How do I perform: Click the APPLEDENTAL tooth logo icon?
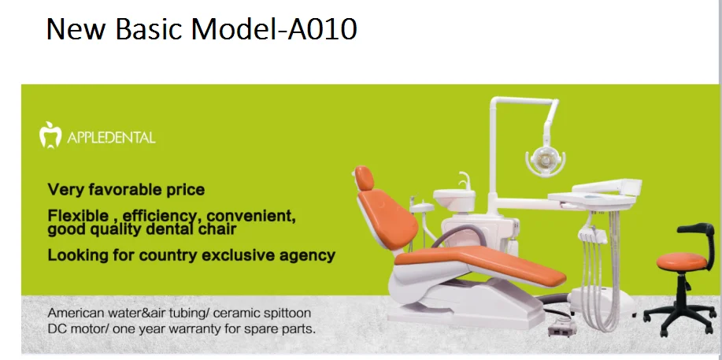point(50,135)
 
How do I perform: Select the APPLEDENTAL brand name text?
point(113,138)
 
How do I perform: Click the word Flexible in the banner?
point(75,215)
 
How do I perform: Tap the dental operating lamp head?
point(543,157)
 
